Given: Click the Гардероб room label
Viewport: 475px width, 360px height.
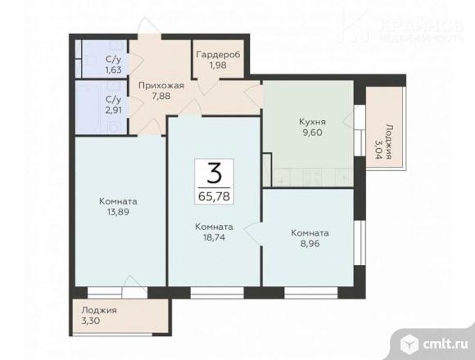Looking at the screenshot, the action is coord(218,55).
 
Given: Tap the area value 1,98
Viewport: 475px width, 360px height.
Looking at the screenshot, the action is coord(218,65).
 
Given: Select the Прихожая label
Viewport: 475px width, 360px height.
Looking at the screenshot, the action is coord(161,86).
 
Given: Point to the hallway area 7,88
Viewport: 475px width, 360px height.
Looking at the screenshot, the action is coord(161,97).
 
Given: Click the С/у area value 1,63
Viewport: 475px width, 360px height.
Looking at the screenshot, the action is coord(114,70).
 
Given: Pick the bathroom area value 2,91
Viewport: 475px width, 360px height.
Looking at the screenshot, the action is coord(114,110).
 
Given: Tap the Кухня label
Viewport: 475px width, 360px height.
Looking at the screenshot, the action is coord(312,122).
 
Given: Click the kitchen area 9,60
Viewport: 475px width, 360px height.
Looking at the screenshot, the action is coord(312,133).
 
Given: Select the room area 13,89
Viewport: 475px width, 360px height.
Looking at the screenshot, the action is coord(118,212).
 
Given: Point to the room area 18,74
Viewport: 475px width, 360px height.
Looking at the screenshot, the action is coord(215,237).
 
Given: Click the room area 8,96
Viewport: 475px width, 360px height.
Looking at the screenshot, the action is coord(310,244).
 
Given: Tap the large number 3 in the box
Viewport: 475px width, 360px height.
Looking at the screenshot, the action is coord(215,173).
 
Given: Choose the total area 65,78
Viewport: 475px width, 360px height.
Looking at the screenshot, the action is coord(215,196).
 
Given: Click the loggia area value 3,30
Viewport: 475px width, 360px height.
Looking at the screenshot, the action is coord(91,321).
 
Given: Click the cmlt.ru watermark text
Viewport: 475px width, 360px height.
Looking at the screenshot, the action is coord(446,344).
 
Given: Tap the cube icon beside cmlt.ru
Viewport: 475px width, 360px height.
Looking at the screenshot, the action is coord(409,344).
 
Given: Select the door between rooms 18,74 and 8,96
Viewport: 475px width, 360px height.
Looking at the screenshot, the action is coord(252,233).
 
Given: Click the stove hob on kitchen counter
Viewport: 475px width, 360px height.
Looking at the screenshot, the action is coord(312,178).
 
